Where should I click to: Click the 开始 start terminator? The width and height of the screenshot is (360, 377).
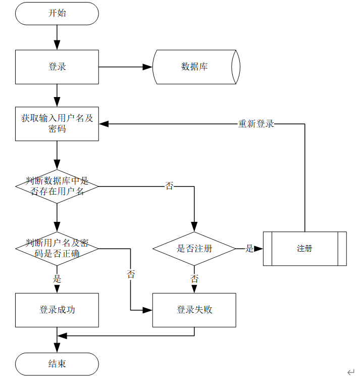click(57, 13)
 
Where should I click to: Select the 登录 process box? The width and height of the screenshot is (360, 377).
click(57, 67)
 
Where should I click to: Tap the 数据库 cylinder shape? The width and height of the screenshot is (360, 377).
click(194, 67)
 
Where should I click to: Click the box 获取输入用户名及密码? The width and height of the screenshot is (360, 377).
click(57, 123)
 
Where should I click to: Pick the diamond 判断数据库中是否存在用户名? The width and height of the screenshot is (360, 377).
click(57, 186)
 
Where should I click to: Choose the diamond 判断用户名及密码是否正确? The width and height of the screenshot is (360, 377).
click(57, 248)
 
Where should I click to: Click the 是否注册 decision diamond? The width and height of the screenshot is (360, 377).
click(194, 249)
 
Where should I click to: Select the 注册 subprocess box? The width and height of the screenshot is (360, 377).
click(304, 249)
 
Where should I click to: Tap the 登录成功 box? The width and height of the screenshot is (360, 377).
click(57, 310)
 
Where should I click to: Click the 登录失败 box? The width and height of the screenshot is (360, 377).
click(194, 310)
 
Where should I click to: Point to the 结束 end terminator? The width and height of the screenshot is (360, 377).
click(57, 364)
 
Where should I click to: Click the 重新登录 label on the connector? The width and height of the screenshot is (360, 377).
click(256, 124)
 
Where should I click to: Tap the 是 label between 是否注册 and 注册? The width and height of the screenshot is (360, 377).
click(249, 249)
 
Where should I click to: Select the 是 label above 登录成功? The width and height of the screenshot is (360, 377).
click(57, 278)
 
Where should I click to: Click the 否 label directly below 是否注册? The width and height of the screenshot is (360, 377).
click(194, 278)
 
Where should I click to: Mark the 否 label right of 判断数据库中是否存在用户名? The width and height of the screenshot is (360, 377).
click(169, 186)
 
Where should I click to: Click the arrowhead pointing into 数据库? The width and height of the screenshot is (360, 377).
click(147, 67)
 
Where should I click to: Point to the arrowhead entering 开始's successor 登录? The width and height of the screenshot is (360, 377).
click(57, 45)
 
